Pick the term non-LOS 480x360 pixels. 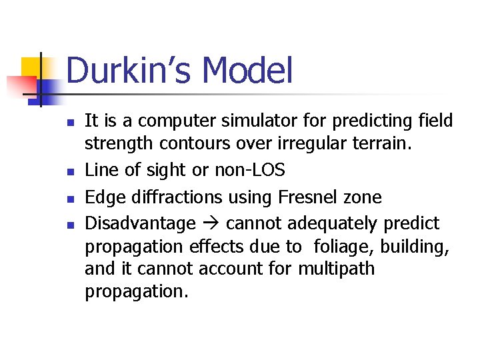click(x=249, y=171)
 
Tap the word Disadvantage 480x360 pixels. click(x=140, y=223)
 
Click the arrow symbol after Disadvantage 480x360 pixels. click(x=211, y=223)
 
